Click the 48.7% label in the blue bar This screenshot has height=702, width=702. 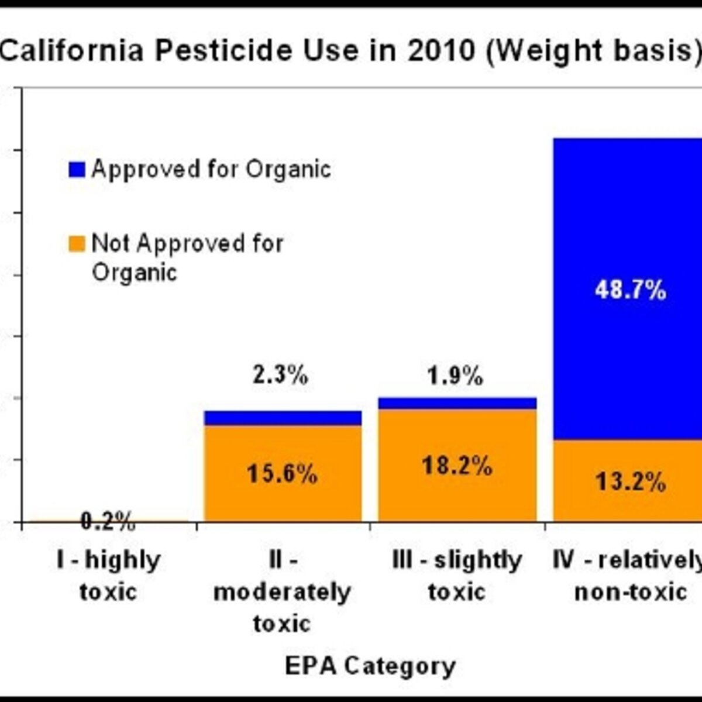631,291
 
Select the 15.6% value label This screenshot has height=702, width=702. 282,474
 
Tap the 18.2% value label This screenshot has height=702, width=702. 457,466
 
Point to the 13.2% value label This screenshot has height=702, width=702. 631,482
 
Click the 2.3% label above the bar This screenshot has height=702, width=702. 281,375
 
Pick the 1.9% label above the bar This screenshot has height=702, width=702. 455,376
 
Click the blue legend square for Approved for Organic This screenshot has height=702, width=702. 77,170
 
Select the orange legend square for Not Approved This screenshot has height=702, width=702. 77,244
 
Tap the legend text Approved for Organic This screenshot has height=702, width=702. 211,170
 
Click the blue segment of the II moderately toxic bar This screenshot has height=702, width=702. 283,418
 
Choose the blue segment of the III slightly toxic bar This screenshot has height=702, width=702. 457,403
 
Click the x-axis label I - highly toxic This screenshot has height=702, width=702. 109,576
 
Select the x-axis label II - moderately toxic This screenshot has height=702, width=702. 282,591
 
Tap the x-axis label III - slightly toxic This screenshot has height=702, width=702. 457,576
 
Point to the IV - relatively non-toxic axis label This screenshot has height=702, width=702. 627,576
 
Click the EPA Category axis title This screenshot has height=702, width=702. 370,666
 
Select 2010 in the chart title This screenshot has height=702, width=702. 442,51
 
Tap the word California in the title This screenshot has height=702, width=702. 72,51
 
